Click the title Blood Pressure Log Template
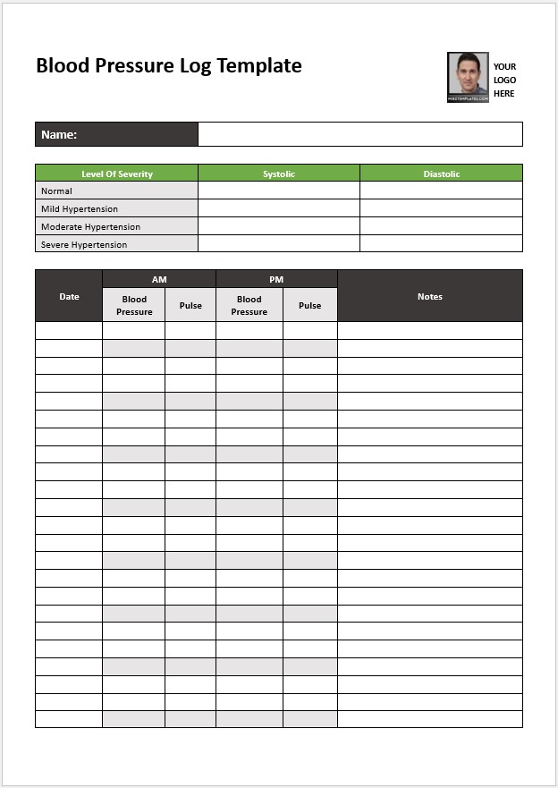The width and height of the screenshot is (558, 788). coord(168,65)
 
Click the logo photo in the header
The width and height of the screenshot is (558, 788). coord(468,77)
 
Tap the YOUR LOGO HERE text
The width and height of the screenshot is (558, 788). coord(504,80)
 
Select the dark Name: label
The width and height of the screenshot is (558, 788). coord(116,134)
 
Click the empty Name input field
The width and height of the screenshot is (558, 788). coord(359,134)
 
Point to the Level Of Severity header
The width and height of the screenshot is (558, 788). coord(116,174)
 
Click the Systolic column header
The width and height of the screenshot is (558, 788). coord(279,174)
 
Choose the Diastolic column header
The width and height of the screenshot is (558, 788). coord(441,174)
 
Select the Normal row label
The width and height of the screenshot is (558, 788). coord(57,191)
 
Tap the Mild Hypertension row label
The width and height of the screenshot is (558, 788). coord(80,208)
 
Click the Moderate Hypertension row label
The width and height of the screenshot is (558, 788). coord(90,226)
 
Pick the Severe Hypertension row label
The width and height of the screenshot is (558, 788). coord(84,244)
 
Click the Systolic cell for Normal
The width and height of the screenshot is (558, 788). coord(279,191)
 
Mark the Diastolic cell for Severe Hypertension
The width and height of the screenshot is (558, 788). coord(441,244)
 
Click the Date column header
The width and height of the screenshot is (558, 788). coord(69,296)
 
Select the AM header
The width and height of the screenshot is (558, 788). coord(159,279)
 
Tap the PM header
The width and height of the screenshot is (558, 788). coord(276,279)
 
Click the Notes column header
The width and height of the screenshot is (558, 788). coord(430,296)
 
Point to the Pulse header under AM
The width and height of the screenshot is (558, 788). coord(190,305)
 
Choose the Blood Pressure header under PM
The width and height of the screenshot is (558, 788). coord(249,305)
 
